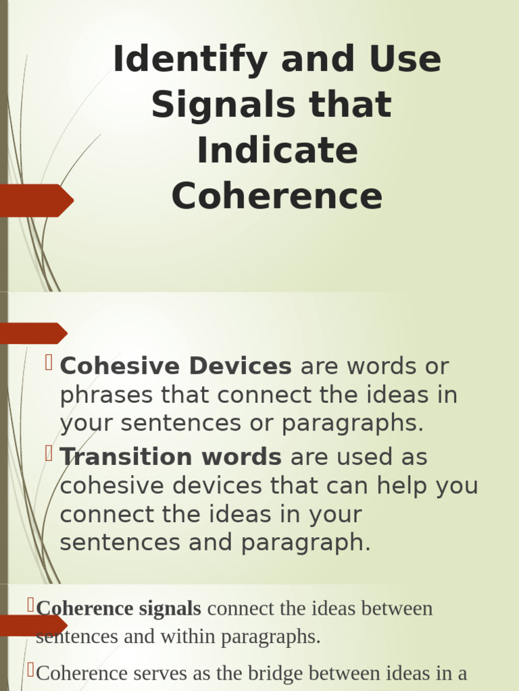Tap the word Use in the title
[404, 60]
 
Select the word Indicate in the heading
[277, 150]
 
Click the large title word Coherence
[277, 196]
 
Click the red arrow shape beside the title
[37, 200]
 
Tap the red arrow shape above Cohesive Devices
[34, 333]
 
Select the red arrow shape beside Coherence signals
[34, 626]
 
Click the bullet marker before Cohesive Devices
[49, 363]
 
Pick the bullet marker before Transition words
[49, 453]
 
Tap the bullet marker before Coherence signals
[31, 605]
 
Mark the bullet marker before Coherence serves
[31, 670]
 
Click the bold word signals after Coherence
[170, 609]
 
